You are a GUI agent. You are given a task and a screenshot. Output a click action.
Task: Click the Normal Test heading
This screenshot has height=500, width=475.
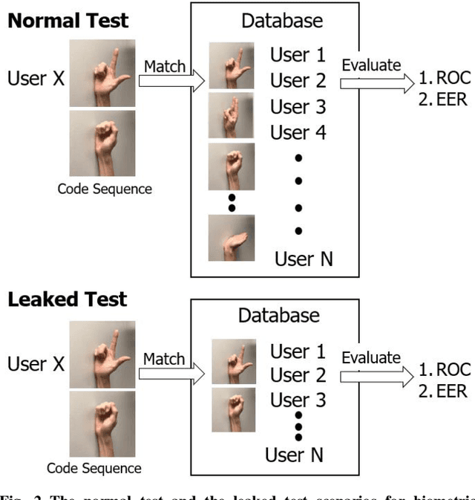pyautogui.click(x=68, y=20)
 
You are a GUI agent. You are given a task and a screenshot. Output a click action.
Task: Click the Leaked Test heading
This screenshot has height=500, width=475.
pyautogui.click(x=68, y=299)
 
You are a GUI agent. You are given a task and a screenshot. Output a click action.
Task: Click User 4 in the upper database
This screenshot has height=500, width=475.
pyautogui.click(x=298, y=133)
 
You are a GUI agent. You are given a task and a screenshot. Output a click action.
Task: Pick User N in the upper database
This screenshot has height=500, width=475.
pyautogui.click(x=304, y=259)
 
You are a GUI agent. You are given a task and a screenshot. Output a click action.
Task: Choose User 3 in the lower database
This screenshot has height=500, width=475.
pyautogui.click(x=298, y=400)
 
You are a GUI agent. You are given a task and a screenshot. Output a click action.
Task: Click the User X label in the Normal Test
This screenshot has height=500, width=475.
pyautogui.click(x=36, y=78)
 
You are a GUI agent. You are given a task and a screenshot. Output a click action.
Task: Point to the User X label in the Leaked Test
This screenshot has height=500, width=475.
pyautogui.click(x=36, y=364)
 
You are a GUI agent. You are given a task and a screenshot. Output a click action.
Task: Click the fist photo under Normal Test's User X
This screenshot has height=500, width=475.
pyautogui.click(x=102, y=143)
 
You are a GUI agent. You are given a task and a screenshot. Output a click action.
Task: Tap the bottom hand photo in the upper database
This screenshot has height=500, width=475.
pyautogui.click(x=231, y=238)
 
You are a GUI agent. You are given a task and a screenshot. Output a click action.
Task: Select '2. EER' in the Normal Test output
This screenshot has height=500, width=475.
pyautogui.click(x=442, y=98)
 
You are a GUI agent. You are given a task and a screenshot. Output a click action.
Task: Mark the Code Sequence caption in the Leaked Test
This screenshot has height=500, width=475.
pyautogui.click(x=94, y=468)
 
